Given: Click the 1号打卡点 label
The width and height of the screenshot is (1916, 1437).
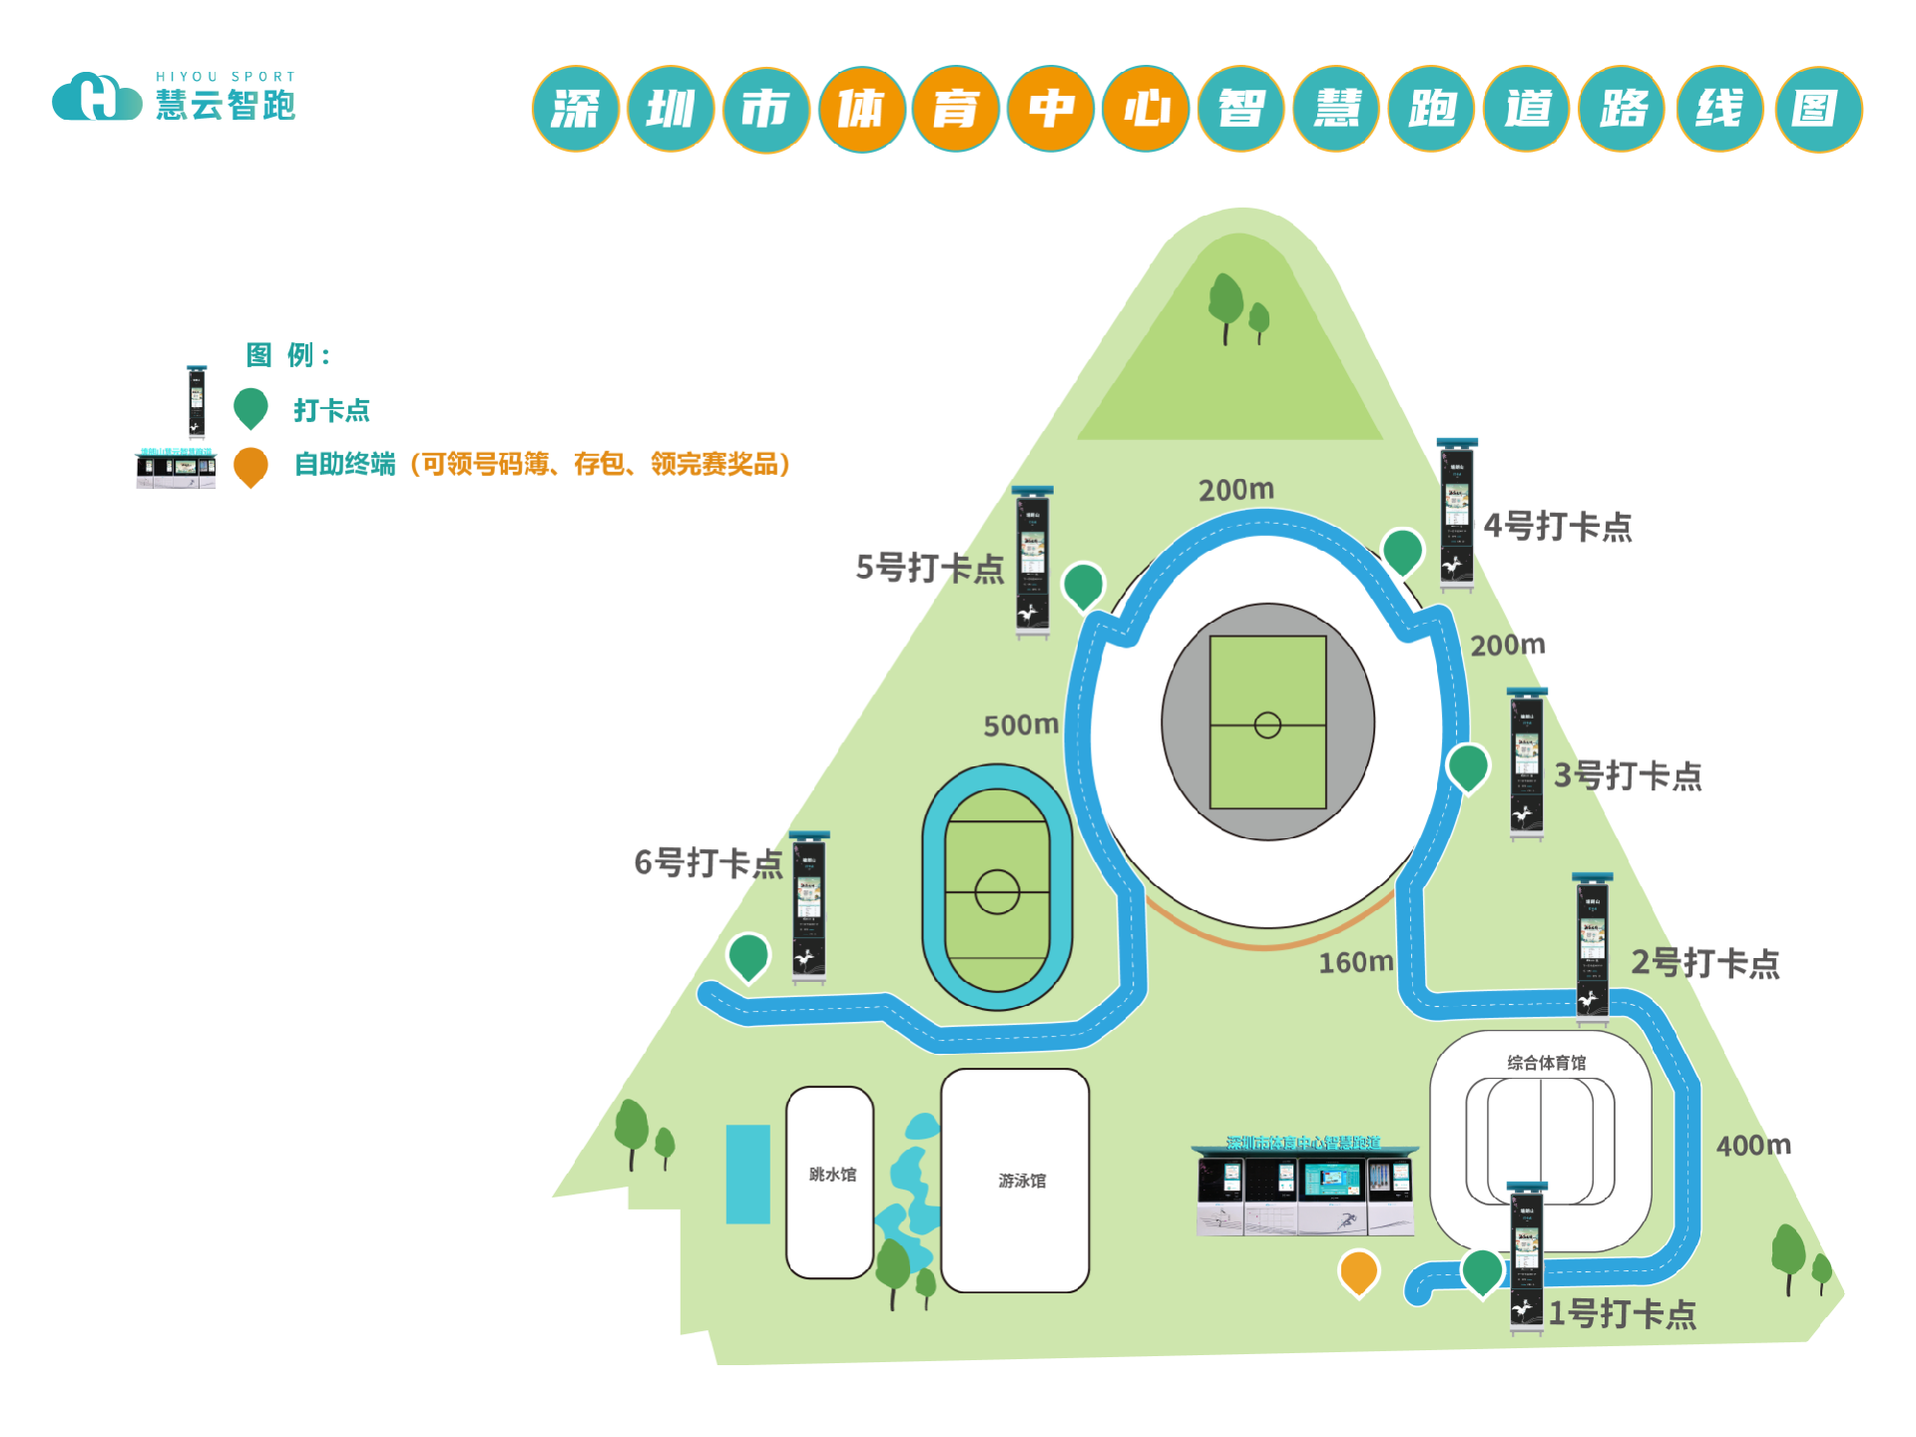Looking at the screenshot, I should tap(1622, 1313).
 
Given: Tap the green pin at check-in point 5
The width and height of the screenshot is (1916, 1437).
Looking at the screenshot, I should tap(1083, 585).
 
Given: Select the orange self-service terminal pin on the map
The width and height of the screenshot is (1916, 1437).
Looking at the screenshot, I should tap(1358, 1272).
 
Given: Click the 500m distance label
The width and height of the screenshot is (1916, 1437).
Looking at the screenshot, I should tap(1021, 724).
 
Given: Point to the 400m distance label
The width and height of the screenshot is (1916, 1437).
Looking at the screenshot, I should tap(1753, 1145).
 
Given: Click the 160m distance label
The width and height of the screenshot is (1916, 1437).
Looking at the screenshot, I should tap(1355, 962).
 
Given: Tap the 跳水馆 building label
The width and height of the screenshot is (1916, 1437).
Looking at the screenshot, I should tap(832, 1175).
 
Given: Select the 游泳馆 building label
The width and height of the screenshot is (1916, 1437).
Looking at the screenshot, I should tap(1022, 1181).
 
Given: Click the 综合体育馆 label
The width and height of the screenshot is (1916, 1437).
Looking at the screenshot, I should tap(1546, 1063).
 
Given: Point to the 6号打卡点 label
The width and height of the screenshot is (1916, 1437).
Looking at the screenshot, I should tap(709, 862).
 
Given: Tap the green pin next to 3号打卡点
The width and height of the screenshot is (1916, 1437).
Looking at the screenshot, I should tap(1468, 766).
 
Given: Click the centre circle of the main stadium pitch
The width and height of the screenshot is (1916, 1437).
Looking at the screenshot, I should tap(1267, 724).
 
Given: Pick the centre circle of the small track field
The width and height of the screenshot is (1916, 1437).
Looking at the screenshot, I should tap(997, 891).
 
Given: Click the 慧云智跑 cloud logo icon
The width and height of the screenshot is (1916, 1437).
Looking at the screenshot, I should tap(97, 98).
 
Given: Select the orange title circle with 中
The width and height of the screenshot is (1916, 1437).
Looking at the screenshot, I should tap(1051, 109).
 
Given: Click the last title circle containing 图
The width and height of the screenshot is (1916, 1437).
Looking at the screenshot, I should tap(1818, 109).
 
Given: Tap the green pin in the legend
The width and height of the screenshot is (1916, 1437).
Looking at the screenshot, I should tap(250, 407).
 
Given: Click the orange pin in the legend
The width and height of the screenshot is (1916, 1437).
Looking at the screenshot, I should tap(250, 465).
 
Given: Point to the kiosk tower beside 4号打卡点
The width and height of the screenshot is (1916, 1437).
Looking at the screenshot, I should tap(1457, 514).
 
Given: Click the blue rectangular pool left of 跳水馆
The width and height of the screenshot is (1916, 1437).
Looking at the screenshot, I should tap(747, 1174).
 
